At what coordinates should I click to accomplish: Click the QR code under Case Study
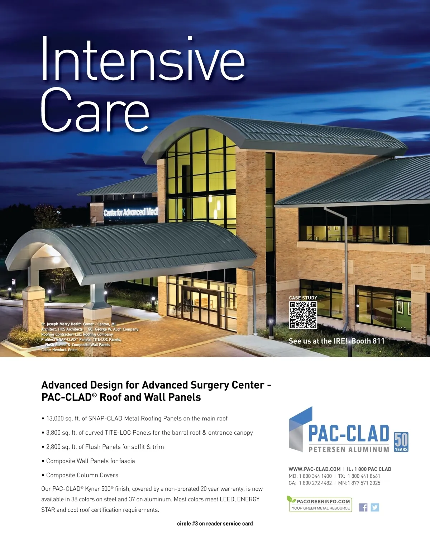point(303,315)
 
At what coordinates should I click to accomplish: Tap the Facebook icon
point(363,507)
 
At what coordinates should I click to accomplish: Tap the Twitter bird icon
point(375,507)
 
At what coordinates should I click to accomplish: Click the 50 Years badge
point(401,442)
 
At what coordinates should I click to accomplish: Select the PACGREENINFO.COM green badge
point(320,504)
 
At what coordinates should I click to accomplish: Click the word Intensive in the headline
point(143,59)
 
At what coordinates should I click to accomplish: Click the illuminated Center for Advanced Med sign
point(131,212)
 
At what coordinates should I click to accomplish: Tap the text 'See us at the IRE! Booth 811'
point(336,341)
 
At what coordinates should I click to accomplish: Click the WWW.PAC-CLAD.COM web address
point(315,469)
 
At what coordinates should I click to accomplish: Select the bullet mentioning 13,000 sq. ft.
point(134,419)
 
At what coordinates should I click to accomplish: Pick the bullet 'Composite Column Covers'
point(80,475)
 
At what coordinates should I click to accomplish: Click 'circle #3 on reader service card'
point(215,524)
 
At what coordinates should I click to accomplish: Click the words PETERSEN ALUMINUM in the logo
point(349,449)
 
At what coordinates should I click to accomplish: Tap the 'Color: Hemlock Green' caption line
point(59,350)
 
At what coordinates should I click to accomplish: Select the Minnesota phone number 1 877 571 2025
point(364,483)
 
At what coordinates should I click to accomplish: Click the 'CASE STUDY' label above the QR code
point(303,298)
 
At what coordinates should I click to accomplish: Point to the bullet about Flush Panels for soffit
point(103,447)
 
